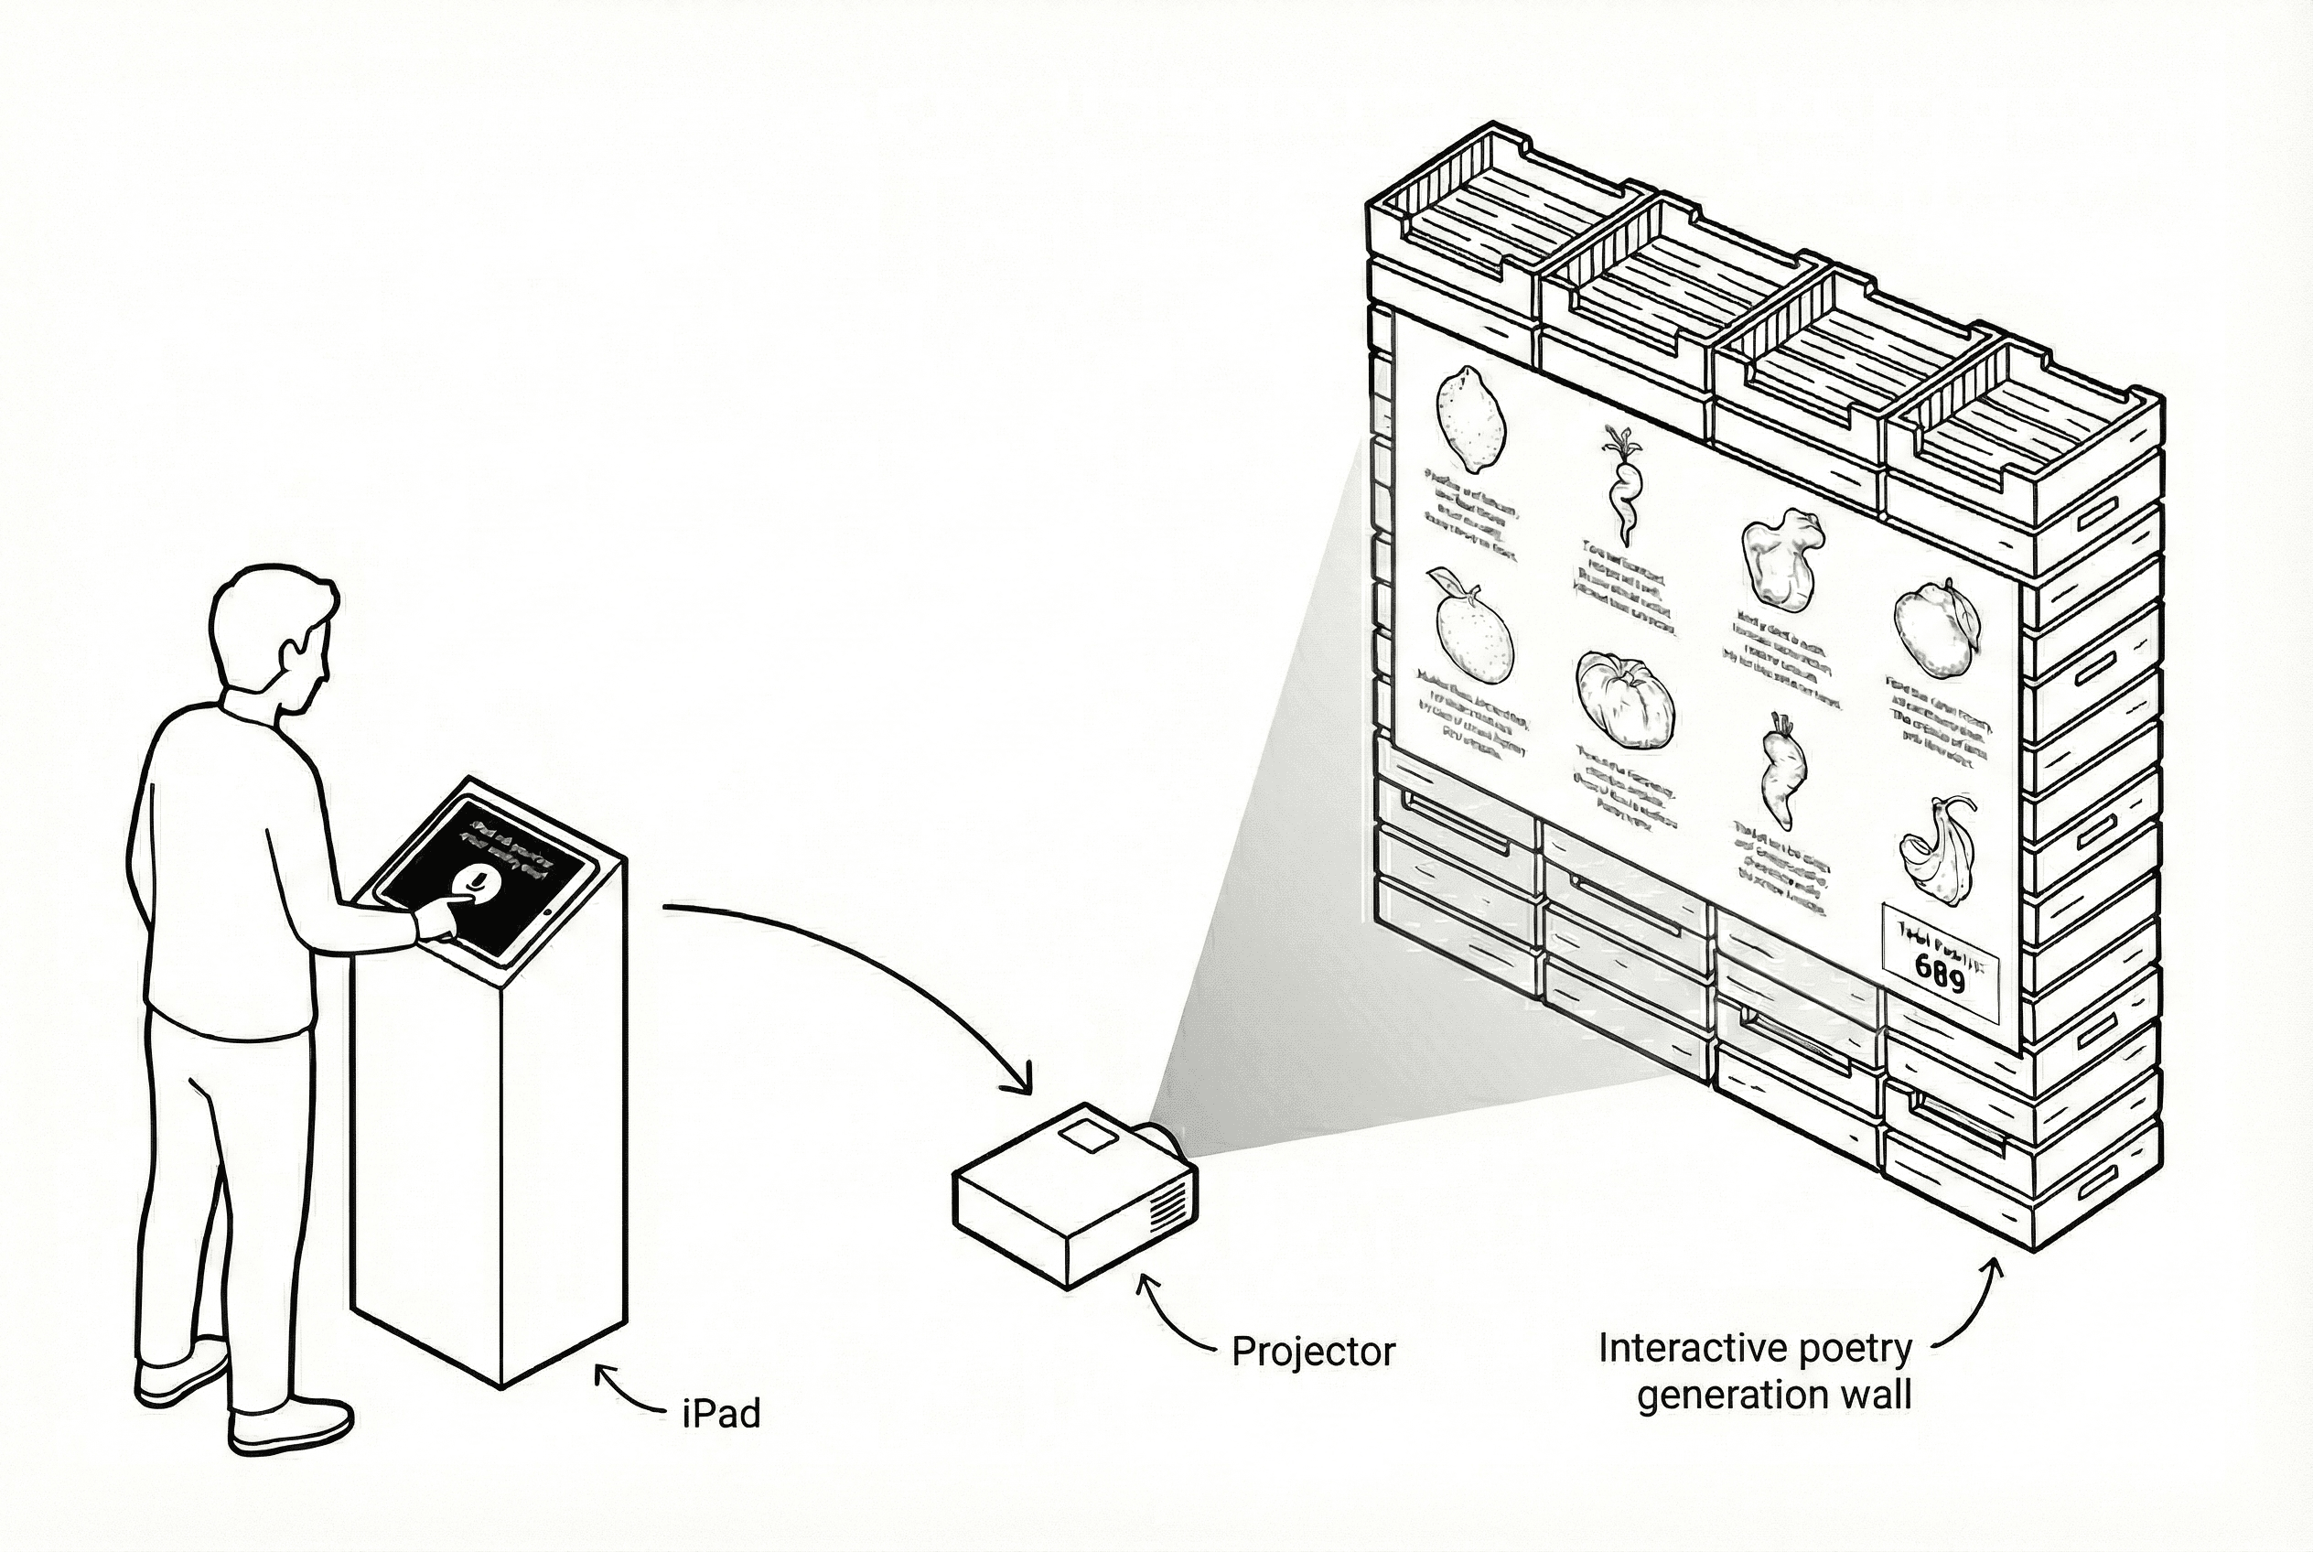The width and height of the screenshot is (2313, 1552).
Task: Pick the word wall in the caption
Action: (1874, 1395)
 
